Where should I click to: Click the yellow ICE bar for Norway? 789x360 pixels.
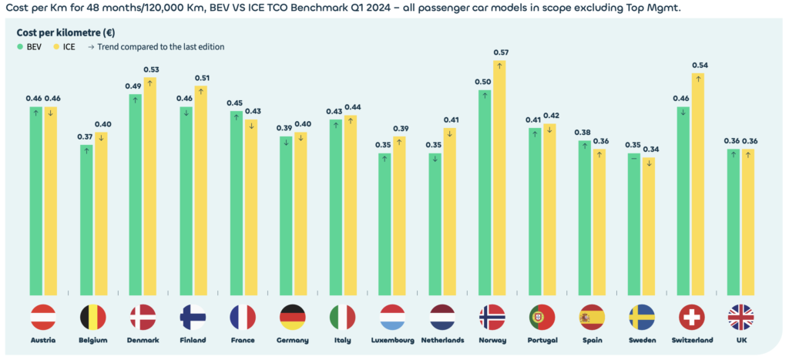click(x=499, y=177)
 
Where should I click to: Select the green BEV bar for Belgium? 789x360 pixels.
click(x=86, y=220)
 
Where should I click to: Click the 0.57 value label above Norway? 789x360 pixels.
click(x=499, y=52)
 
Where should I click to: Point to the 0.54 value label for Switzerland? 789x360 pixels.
click(x=698, y=65)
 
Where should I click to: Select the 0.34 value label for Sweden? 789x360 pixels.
click(x=649, y=149)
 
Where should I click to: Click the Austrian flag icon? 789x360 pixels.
click(x=43, y=318)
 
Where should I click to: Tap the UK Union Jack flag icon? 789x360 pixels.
click(x=740, y=318)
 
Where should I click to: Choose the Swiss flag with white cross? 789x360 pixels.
click(x=691, y=318)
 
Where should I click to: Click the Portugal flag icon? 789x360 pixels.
click(x=542, y=318)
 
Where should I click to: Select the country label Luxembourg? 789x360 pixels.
click(x=392, y=340)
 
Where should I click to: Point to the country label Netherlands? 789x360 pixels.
click(x=442, y=340)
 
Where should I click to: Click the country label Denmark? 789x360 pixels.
click(x=143, y=340)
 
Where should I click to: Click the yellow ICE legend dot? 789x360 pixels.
click(x=56, y=47)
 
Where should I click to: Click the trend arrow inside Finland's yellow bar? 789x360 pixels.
click(x=200, y=92)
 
